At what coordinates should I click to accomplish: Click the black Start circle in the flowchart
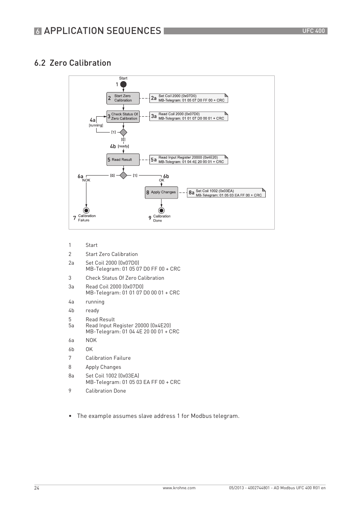123,85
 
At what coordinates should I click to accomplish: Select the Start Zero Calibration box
123,98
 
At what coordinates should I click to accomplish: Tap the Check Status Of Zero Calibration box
123,117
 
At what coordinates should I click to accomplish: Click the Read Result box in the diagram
123,160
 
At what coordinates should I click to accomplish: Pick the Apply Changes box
162,193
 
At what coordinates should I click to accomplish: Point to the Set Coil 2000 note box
189,98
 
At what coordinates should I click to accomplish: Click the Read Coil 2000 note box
189,116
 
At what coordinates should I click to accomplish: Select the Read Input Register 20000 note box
189,160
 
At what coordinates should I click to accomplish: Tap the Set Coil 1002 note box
226,193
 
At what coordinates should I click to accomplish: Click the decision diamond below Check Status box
123,133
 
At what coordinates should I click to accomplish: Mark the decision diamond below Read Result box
123,175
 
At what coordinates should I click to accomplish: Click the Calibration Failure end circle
86,211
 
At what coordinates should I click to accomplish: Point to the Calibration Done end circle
162,211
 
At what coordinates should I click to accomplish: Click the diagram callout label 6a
80,176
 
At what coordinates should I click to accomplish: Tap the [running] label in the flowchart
96,125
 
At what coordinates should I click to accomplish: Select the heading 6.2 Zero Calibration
72,63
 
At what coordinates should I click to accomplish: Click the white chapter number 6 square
38,31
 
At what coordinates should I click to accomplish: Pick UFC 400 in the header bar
313,31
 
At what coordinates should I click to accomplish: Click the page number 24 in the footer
37,488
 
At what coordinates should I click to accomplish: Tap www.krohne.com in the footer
179,488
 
